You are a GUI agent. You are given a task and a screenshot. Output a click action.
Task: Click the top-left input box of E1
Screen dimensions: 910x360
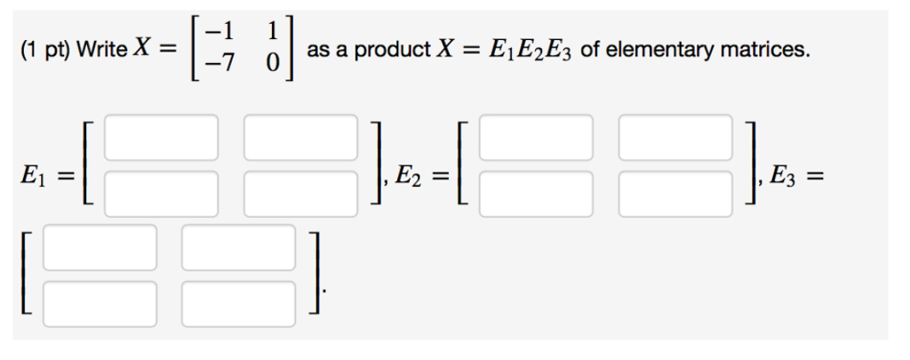(x=162, y=138)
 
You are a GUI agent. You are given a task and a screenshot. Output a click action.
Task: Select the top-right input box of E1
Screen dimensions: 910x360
(x=300, y=138)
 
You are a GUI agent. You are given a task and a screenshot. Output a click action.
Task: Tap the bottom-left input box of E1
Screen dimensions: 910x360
(x=162, y=194)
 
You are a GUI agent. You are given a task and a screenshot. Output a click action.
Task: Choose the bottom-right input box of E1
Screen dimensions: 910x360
(x=300, y=194)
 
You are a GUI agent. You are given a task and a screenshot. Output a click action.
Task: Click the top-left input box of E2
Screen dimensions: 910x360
(x=536, y=138)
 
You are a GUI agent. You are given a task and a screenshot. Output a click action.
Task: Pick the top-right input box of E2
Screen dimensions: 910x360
(x=675, y=138)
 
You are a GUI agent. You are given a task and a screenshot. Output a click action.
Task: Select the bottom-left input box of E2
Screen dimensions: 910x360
(x=536, y=194)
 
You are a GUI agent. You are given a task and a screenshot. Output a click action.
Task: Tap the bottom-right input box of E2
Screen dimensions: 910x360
(x=675, y=194)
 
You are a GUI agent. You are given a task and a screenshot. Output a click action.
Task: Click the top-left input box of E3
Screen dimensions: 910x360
(x=100, y=248)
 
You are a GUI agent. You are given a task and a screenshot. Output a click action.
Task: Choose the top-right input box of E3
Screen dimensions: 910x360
(x=238, y=248)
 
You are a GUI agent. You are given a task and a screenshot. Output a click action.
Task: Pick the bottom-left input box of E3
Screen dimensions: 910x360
(x=100, y=304)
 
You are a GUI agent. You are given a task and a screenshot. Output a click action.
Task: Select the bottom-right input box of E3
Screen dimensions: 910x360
(x=238, y=304)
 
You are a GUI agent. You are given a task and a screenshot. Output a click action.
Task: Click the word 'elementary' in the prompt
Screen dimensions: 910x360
(x=658, y=51)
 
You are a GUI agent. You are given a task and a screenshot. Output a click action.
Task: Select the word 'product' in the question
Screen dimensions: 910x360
(x=393, y=51)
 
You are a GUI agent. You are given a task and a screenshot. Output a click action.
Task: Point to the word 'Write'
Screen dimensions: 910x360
(x=102, y=50)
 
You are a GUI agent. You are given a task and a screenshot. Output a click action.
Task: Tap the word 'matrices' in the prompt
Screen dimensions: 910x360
(x=762, y=50)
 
